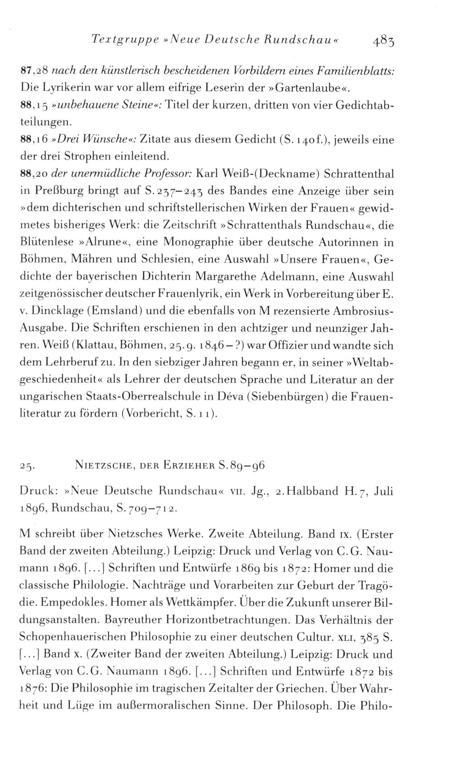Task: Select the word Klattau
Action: point(93,346)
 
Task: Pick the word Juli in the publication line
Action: point(384,491)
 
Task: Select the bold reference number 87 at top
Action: point(26,72)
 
